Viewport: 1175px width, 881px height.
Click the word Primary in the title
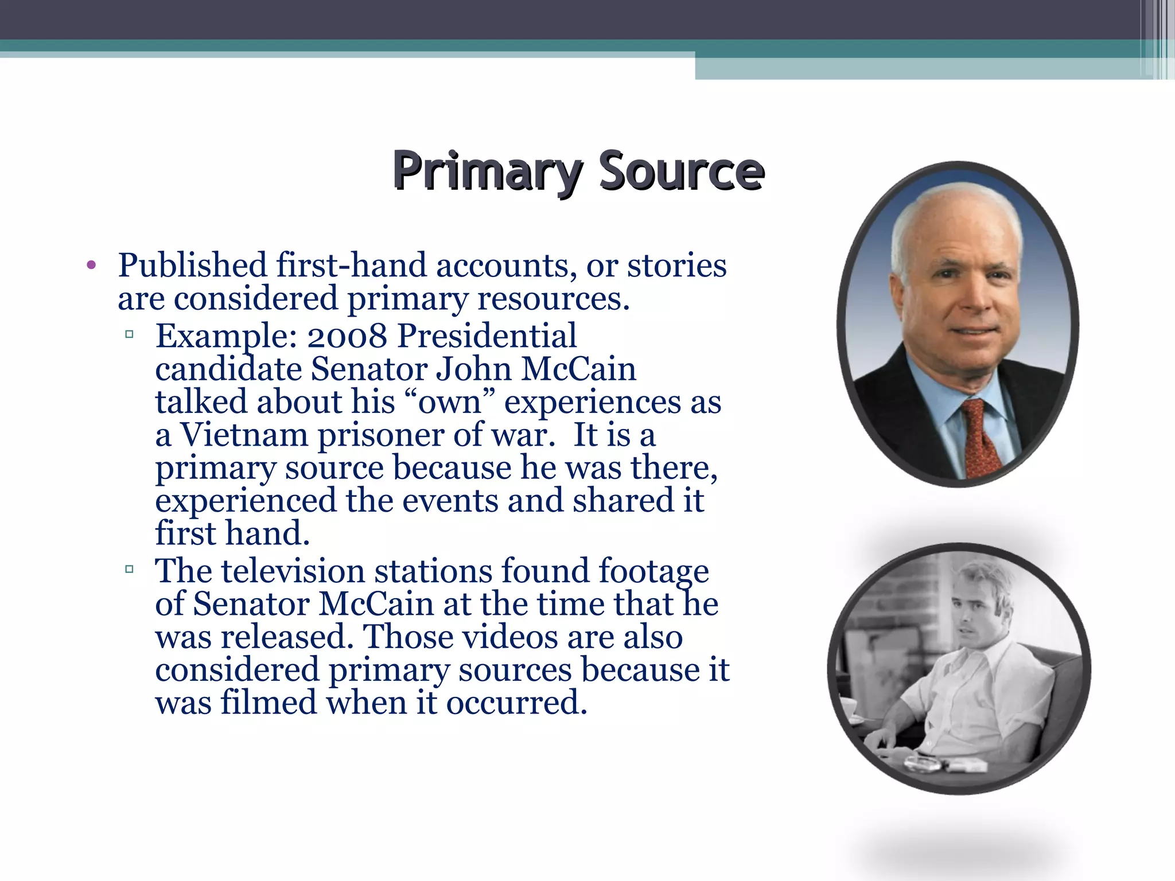pyautogui.click(x=487, y=171)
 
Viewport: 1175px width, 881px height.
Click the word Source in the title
pyautogui.click(x=681, y=171)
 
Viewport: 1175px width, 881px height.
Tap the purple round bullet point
pyautogui.click(x=91, y=266)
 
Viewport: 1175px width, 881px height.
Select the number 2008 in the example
pyautogui.click(x=347, y=336)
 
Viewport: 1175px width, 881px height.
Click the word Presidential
pyautogui.click(x=487, y=336)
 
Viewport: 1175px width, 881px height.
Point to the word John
pyautogui.click(x=473, y=369)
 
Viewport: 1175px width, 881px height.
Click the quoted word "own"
pyautogui.click(x=450, y=402)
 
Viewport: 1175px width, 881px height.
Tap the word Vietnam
pyautogui.click(x=245, y=435)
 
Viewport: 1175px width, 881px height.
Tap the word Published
pyautogui.click(x=192, y=266)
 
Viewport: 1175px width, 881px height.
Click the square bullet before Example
pyautogui.click(x=129, y=334)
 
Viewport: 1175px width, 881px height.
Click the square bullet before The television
pyautogui.click(x=129, y=569)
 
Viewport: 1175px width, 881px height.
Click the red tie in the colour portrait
pyautogui.click(x=981, y=439)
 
